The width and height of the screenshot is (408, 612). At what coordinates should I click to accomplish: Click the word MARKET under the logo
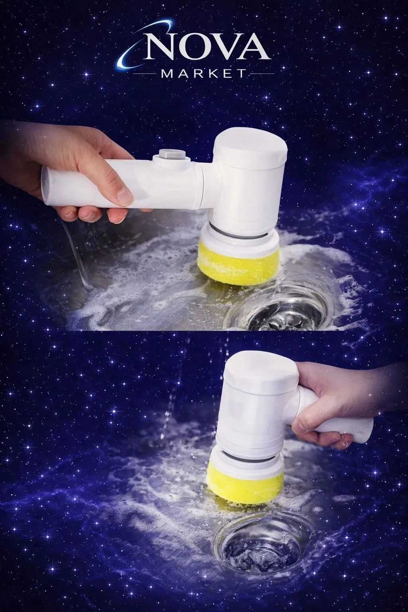click(203, 73)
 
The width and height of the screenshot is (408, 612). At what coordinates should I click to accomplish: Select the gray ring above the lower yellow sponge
click(247, 459)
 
